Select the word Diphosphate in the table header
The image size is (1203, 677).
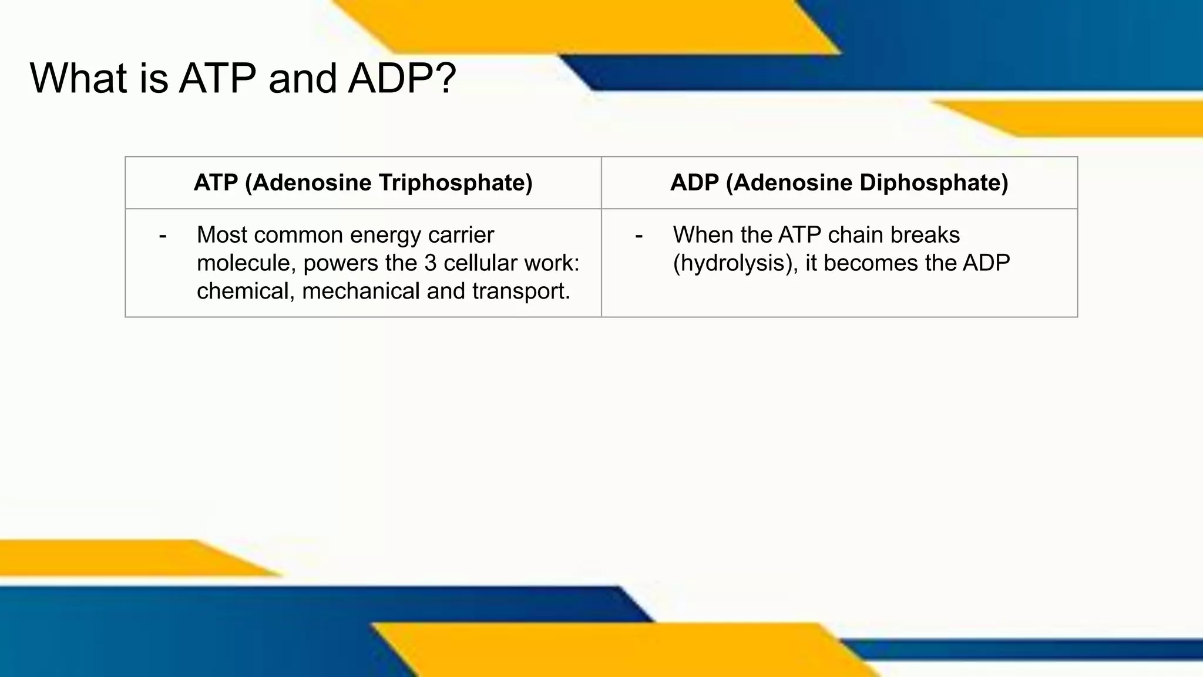934,183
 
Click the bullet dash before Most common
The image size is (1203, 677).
163,236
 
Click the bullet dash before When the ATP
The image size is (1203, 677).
639,236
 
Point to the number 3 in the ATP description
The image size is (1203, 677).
431,263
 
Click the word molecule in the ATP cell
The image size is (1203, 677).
246,263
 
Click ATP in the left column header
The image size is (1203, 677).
216,183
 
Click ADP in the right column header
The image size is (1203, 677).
694,183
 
